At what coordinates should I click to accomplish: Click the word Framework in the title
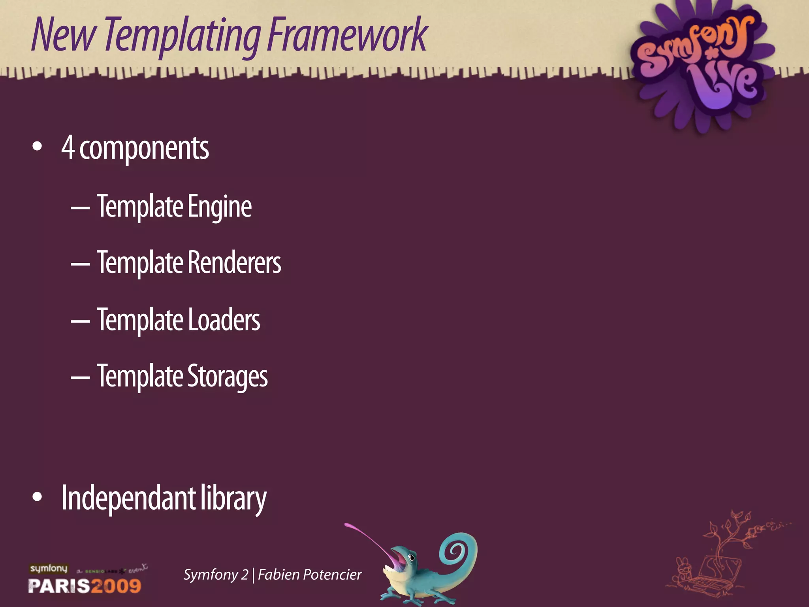pyautogui.click(x=348, y=36)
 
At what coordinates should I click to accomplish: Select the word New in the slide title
pyautogui.click(x=63, y=36)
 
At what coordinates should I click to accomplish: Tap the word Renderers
pyautogui.click(x=234, y=263)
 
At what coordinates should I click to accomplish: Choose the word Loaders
pyautogui.click(x=224, y=320)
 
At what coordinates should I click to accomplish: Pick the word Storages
pyautogui.click(x=228, y=377)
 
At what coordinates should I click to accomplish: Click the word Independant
pyautogui.click(x=128, y=498)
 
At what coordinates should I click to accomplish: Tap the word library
pyautogui.click(x=233, y=499)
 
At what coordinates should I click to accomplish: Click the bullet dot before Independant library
pyautogui.click(x=37, y=497)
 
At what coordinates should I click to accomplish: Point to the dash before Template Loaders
pyautogui.click(x=80, y=321)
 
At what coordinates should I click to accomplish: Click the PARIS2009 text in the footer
pyautogui.click(x=85, y=586)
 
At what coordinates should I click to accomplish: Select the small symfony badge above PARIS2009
pyautogui.click(x=49, y=569)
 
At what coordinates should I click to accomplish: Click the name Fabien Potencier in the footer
pyautogui.click(x=310, y=575)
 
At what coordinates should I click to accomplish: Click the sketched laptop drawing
pyautogui.click(x=715, y=573)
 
